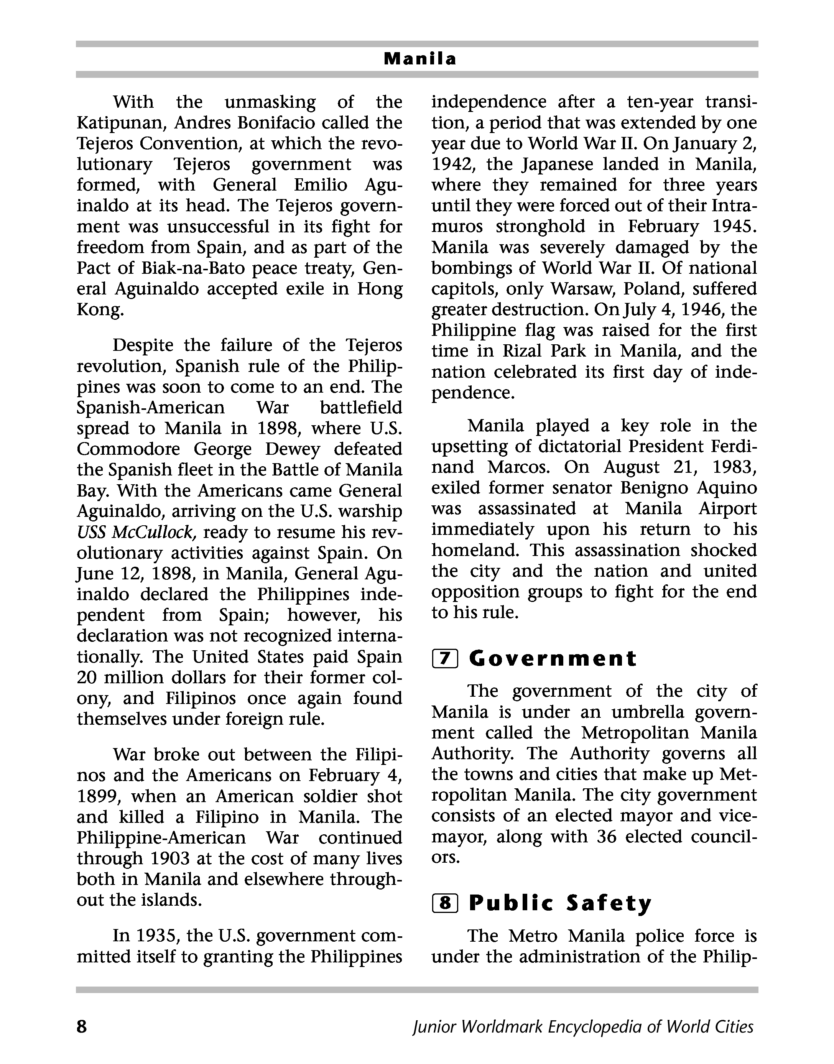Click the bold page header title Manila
click(x=420, y=59)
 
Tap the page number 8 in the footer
click(x=82, y=1026)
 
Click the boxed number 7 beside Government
click(x=445, y=659)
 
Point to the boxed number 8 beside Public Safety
click(x=445, y=903)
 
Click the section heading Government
click(x=553, y=659)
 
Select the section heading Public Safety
click(x=560, y=903)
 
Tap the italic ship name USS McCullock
click(x=136, y=532)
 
